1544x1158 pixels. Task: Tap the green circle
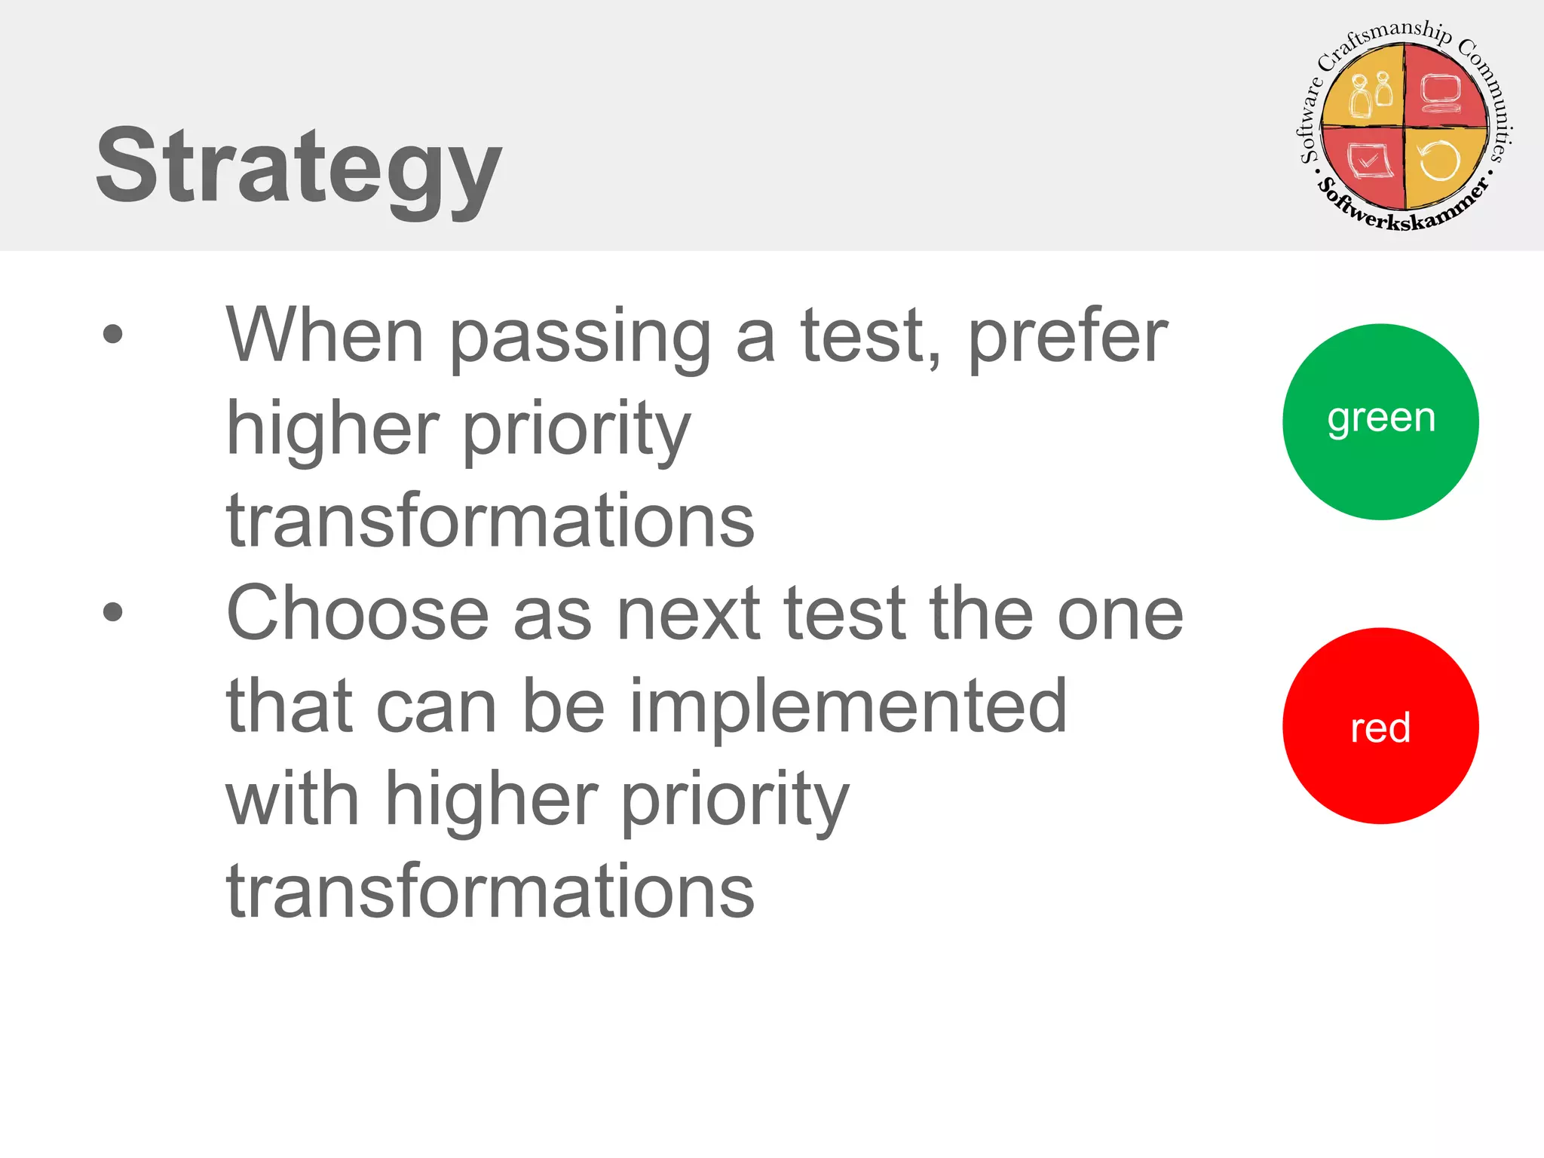pyautogui.click(x=1380, y=421)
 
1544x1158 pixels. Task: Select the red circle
pyautogui.click(x=1380, y=726)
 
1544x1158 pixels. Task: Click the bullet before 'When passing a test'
pyautogui.click(x=112, y=334)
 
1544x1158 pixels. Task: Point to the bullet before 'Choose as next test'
pyautogui.click(x=112, y=611)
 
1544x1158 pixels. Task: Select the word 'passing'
pyautogui.click(x=581, y=339)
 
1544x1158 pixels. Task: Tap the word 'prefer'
pyautogui.click(x=1068, y=337)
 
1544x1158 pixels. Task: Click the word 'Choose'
pyautogui.click(x=358, y=614)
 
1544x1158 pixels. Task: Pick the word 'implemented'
pyautogui.click(x=848, y=709)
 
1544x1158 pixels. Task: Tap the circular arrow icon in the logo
pyautogui.click(x=1439, y=161)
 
